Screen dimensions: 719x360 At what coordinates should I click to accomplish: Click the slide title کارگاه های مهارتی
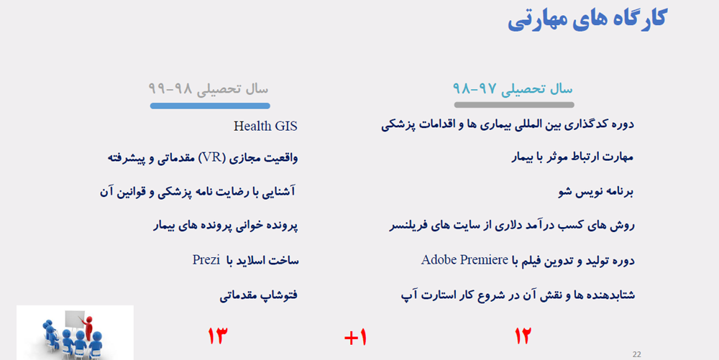click(x=587, y=19)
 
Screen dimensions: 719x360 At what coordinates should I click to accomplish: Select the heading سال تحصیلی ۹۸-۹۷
click(x=513, y=88)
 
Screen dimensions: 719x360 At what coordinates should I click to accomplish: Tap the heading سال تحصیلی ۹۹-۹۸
click(x=209, y=88)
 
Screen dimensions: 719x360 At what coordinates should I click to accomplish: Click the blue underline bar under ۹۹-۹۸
click(x=210, y=106)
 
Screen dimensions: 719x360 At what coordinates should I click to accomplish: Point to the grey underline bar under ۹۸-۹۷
click(x=514, y=105)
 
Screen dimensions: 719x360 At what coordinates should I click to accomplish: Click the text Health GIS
click(x=265, y=126)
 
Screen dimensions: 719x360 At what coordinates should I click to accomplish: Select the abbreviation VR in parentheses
click(x=212, y=157)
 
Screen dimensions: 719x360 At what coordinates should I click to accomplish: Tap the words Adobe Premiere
click(x=464, y=259)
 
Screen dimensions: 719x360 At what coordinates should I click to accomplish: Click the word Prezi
click(x=206, y=259)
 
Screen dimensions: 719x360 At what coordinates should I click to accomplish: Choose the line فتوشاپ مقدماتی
click(x=259, y=295)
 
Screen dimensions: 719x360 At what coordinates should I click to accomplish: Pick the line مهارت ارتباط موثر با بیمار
click(x=572, y=157)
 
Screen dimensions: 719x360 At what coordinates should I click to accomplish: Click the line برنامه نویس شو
click(x=596, y=191)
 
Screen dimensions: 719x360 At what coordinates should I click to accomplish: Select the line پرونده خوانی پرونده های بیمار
click(x=226, y=226)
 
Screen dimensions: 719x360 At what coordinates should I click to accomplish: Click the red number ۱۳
click(x=217, y=336)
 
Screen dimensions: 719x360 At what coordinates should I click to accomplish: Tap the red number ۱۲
click(x=522, y=336)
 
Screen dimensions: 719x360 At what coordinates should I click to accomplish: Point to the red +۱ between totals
click(x=355, y=338)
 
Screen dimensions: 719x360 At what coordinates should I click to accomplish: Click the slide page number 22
click(x=636, y=354)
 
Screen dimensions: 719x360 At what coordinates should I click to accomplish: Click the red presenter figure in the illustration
click(x=88, y=326)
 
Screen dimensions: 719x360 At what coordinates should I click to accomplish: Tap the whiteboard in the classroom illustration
click(x=74, y=320)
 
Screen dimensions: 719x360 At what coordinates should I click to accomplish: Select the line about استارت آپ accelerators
click(x=518, y=295)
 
